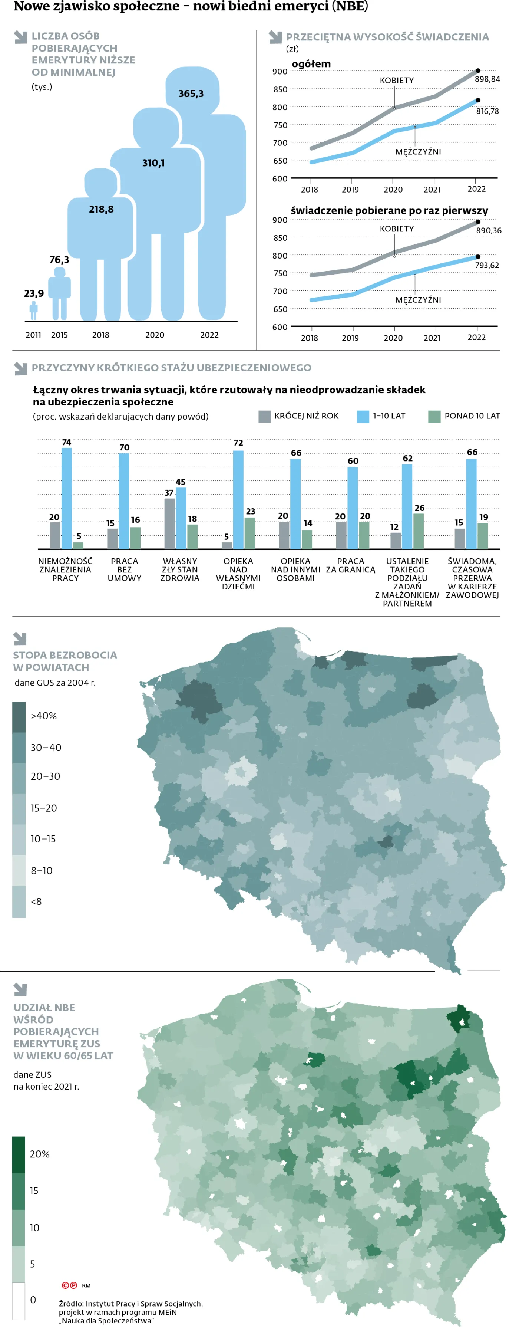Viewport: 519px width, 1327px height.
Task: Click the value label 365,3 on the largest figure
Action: pos(191,94)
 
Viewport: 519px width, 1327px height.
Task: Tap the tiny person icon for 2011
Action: pos(33,310)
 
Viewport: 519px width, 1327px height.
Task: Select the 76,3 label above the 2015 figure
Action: pos(59,260)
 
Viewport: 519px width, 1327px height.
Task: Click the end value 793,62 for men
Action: pos(486,265)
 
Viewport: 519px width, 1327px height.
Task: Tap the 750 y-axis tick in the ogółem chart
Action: pos(280,125)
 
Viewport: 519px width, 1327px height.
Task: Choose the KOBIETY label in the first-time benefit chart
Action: pos(396,229)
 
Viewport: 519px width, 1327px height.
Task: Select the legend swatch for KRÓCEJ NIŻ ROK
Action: pos(264,416)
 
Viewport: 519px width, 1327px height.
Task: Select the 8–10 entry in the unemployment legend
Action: pos(41,871)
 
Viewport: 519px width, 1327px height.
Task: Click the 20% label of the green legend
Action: pos(39,1154)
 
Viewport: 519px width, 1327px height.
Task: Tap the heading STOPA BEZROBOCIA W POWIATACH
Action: pos(65,661)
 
